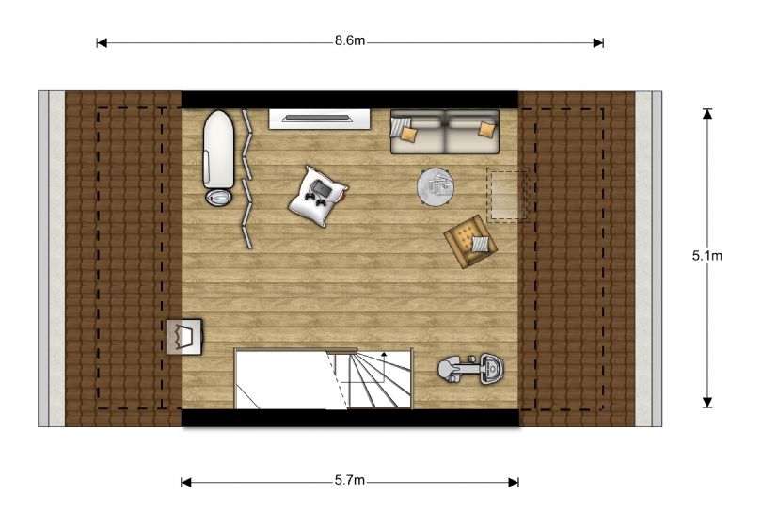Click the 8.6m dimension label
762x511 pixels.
349,40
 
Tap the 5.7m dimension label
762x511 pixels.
349,480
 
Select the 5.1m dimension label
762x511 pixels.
707,256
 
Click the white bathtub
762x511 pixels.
218,149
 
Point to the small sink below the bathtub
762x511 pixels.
218,197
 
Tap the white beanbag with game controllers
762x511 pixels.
318,196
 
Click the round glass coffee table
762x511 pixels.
436,186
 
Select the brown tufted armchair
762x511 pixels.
470,242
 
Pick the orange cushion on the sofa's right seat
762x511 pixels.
486,129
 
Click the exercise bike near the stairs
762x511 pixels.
470,369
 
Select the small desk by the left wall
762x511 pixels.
184,337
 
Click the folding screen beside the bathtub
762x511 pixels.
246,179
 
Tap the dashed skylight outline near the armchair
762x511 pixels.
508,195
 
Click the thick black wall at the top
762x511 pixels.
350,100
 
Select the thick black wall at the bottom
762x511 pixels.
350,418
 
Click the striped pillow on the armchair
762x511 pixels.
480,244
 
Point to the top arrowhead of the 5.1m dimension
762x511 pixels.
707,113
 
